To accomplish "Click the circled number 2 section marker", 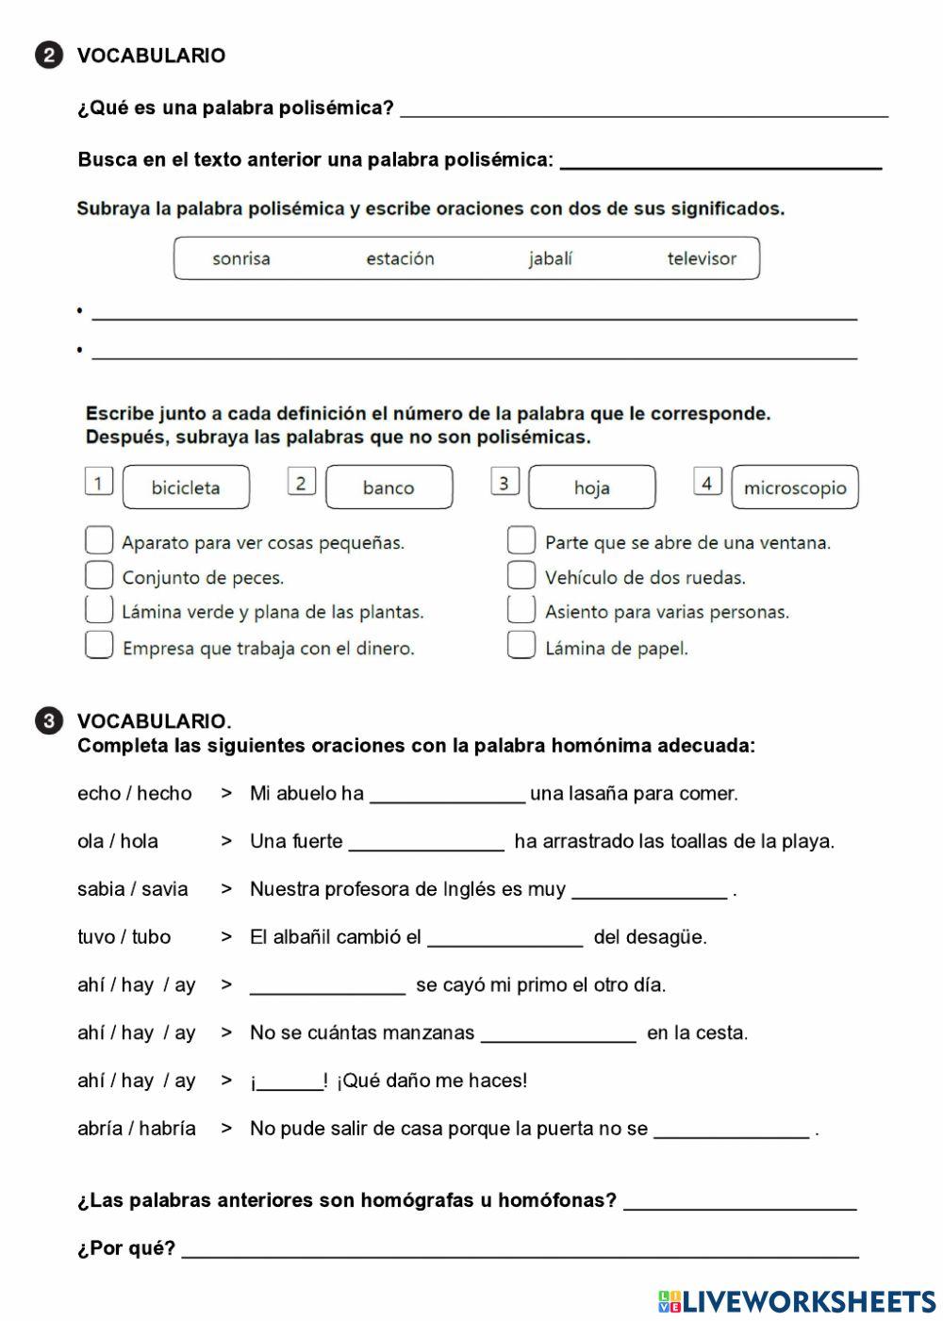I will (x=49, y=56).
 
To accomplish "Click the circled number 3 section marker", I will (x=49, y=721).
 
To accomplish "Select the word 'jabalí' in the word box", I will (x=550, y=258).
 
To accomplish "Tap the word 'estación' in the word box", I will (x=400, y=258).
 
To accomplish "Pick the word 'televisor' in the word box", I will (x=702, y=258).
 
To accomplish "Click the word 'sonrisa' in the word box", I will (x=241, y=258).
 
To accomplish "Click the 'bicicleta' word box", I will (x=186, y=487).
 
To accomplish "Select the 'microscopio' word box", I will (x=795, y=487).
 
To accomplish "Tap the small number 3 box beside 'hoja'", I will (x=505, y=483).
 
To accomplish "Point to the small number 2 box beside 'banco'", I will (x=301, y=483).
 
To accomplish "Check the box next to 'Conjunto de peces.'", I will (x=99, y=575).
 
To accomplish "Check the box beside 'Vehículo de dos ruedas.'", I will (x=521, y=575).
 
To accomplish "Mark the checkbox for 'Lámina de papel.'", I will (x=521, y=645).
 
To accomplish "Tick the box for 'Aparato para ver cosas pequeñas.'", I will (x=99, y=540).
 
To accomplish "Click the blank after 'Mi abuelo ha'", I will (x=447, y=794).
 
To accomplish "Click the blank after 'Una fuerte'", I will (x=426, y=842).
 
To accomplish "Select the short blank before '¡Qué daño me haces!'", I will (x=290, y=1082).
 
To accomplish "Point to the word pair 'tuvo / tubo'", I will (x=124, y=937).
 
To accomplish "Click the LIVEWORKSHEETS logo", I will (x=797, y=1301).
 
